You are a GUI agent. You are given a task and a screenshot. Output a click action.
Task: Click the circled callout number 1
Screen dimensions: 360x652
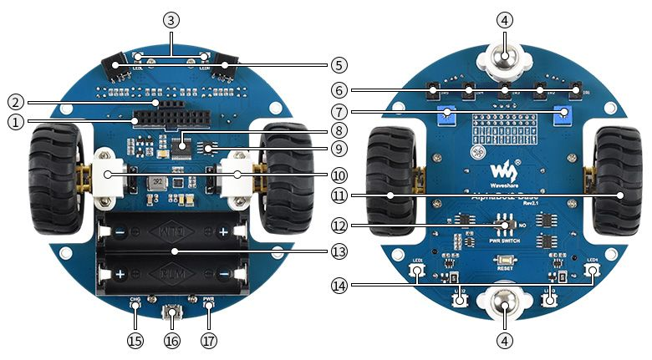tap(14, 122)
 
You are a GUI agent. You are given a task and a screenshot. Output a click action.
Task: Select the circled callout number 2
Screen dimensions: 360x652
tap(14, 103)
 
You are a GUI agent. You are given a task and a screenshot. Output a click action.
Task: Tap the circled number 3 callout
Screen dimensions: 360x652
tap(171, 18)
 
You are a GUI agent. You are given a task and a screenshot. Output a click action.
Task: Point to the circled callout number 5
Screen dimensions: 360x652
tap(338, 63)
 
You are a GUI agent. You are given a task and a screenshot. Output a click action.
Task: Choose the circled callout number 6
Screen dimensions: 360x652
tap(338, 89)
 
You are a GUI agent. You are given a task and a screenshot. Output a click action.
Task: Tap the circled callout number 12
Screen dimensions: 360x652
tap(338, 226)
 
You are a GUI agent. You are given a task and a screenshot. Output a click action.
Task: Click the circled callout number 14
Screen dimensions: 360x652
tap(338, 286)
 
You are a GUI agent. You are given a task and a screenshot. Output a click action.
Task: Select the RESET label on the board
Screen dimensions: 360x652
tap(504, 270)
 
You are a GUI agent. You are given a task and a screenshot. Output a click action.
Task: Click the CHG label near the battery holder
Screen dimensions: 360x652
tap(135, 298)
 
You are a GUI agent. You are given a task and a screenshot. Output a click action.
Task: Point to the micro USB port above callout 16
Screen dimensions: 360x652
tap(172, 315)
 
